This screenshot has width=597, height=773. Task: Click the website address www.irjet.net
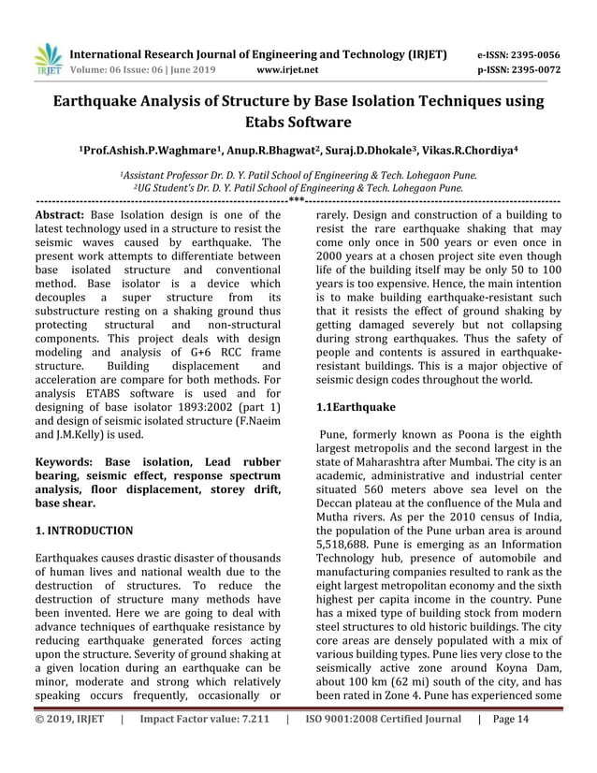click(x=286, y=70)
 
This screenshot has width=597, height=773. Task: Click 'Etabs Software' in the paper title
click(x=298, y=123)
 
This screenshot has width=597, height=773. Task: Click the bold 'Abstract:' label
click(x=61, y=213)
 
